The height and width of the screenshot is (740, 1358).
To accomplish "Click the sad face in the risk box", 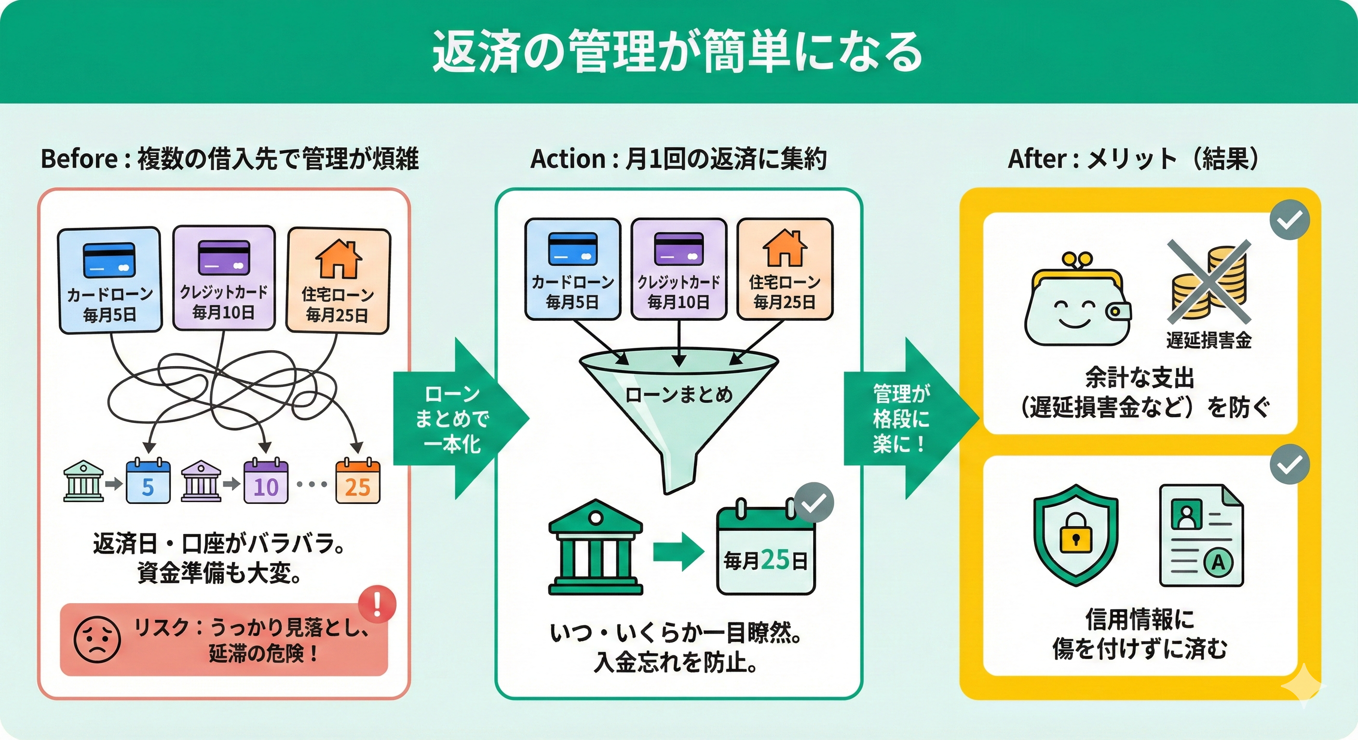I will [x=97, y=639].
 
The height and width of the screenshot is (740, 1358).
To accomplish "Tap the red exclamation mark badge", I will [x=377, y=604].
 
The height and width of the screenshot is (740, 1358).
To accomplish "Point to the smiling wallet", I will [x=1077, y=304].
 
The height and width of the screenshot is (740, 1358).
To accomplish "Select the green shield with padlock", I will [x=1075, y=535].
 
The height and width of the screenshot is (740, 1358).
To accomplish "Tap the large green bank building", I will [x=595, y=548].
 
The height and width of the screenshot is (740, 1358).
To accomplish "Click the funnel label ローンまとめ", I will [x=679, y=395].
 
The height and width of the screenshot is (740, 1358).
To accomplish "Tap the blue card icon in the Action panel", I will [x=572, y=248].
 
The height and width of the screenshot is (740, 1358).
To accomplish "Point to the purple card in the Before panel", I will [x=224, y=258].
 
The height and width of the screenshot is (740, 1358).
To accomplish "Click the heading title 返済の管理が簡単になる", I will [x=678, y=52].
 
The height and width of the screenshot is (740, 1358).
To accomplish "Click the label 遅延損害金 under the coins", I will [x=1209, y=341].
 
